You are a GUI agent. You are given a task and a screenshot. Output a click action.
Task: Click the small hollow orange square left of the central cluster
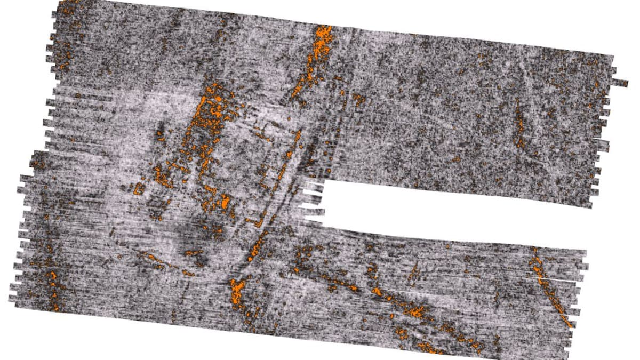coord(140,188)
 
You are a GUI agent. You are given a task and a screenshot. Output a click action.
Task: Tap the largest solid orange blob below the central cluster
coord(225,202)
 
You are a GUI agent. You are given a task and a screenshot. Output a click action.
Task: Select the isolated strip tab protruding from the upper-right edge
coord(620,82)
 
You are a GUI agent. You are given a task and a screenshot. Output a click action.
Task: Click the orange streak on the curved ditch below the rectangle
coord(258,245)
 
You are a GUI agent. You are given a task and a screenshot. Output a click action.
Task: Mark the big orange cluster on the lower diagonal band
coord(413,309)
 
